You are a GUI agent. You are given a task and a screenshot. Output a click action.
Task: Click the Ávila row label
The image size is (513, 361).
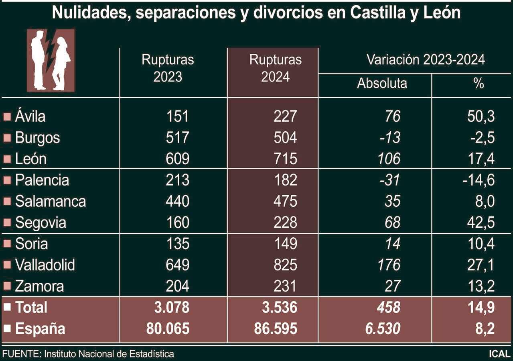pyautogui.click(x=30, y=116)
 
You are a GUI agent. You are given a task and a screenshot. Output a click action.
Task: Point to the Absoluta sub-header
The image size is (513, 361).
pyautogui.click(x=382, y=83)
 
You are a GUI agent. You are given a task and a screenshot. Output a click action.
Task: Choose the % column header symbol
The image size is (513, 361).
pyautogui.click(x=479, y=84)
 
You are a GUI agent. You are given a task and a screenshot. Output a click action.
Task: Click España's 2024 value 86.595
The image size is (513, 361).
pyautogui.click(x=276, y=329)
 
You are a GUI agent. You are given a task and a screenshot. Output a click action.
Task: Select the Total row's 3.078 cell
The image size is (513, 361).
pyautogui.click(x=171, y=308)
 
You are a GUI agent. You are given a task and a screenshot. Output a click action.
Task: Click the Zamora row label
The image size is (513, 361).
pyautogui.click(x=39, y=286)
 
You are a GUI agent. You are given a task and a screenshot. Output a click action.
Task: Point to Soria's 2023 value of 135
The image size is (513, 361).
pyautogui.click(x=177, y=244)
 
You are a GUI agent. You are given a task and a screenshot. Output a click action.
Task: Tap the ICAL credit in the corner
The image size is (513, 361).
pyautogui.click(x=499, y=354)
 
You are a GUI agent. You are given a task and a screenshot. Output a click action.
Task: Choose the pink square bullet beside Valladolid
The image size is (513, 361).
pyautogui.click(x=7, y=265)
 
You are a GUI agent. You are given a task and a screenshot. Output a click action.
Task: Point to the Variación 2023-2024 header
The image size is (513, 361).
pyautogui.click(x=426, y=60)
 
